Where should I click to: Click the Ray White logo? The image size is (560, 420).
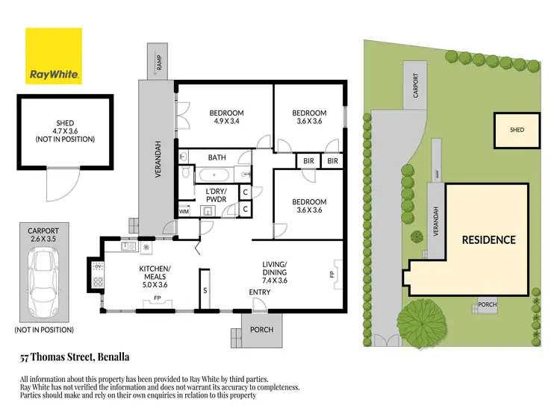[54, 56]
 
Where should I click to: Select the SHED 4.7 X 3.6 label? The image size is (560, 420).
[65, 131]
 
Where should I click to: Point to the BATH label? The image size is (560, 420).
[217, 157]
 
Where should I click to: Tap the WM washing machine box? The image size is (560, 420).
[184, 211]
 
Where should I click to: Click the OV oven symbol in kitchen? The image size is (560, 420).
[97, 266]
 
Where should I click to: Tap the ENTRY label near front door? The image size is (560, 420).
[259, 292]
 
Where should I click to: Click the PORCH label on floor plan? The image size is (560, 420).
[261, 329]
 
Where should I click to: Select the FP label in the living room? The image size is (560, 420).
[332, 275]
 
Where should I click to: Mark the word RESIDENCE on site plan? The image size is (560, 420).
[488, 239]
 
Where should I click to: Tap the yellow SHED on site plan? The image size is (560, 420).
[517, 130]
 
